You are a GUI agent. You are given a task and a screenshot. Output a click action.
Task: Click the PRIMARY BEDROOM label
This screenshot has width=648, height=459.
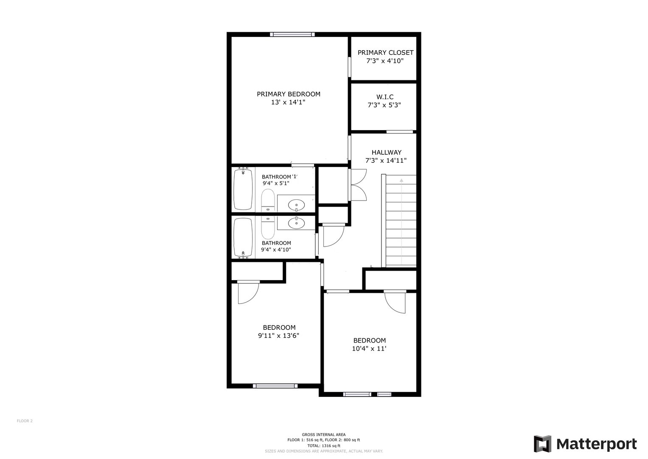(289, 94)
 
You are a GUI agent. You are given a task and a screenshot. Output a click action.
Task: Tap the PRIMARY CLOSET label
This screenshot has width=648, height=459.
(385, 53)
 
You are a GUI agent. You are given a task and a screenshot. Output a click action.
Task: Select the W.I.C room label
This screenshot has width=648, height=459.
(385, 97)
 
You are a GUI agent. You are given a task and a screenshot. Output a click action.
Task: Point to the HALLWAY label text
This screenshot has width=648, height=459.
(387, 153)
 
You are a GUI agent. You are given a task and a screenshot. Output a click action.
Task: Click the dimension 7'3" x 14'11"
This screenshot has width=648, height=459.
(386, 161)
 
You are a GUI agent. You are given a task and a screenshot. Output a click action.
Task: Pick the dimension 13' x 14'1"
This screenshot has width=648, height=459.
(288, 102)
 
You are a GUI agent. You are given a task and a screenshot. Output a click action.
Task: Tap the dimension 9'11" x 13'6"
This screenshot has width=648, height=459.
(278, 336)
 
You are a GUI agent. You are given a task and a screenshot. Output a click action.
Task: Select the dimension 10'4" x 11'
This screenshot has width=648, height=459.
(369, 348)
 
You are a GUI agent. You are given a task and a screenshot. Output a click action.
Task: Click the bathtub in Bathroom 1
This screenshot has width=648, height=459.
(243, 189)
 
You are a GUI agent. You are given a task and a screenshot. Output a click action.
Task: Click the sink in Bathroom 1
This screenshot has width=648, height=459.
(297, 205)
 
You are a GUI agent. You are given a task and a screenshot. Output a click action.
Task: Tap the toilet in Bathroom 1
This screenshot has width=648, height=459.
(268, 201)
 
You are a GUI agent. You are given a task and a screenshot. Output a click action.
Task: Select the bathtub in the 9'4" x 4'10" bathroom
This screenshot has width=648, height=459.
(243, 238)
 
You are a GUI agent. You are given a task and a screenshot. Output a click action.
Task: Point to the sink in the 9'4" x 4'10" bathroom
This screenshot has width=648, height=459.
(297, 223)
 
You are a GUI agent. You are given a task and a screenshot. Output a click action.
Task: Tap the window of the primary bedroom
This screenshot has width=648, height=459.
(292, 34)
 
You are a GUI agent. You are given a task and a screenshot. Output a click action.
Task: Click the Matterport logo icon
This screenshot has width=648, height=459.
(542, 444)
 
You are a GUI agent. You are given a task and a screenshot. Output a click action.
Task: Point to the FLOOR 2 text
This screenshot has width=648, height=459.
(25, 421)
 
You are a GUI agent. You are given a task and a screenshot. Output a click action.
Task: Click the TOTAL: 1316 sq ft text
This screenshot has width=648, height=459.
(324, 446)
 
